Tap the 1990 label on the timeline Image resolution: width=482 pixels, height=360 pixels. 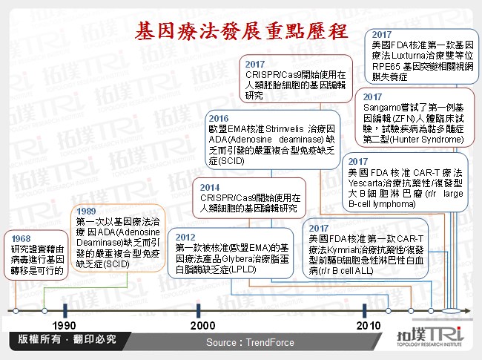coord(65,326)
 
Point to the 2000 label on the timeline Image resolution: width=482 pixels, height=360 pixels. coord(198,326)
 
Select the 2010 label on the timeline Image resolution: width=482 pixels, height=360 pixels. coord(369,326)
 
